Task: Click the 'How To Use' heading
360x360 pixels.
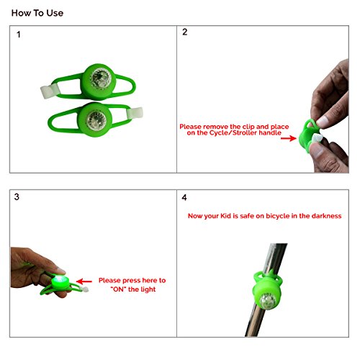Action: pyautogui.click(x=37, y=13)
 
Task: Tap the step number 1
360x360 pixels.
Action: pyautogui.click(x=19, y=35)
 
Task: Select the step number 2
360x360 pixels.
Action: pyautogui.click(x=184, y=32)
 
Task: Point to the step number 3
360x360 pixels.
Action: pyautogui.click(x=17, y=197)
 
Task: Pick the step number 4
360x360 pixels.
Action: pyautogui.click(x=184, y=197)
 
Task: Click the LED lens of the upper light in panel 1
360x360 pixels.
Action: pyautogui.click(x=101, y=78)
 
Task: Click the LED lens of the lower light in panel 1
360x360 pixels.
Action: pyautogui.click(x=96, y=120)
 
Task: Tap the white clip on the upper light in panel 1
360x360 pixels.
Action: pyautogui.click(x=50, y=91)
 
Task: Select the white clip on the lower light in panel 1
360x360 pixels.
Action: pyautogui.click(x=135, y=113)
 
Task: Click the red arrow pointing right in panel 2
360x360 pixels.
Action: pyautogui.click(x=289, y=138)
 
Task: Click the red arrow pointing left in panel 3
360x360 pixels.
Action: pyautogui.click(x=84, y=282)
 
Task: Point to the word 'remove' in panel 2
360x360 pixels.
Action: pyautogui.click(x=216, y=127)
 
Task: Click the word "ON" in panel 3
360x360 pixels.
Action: pyautogui.click(x=119, y=289)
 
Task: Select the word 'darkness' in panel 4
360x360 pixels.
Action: pyautogui.click(x=326, y=216)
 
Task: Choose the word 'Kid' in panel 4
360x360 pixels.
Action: pyautogui.click(x=225, y=216)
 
